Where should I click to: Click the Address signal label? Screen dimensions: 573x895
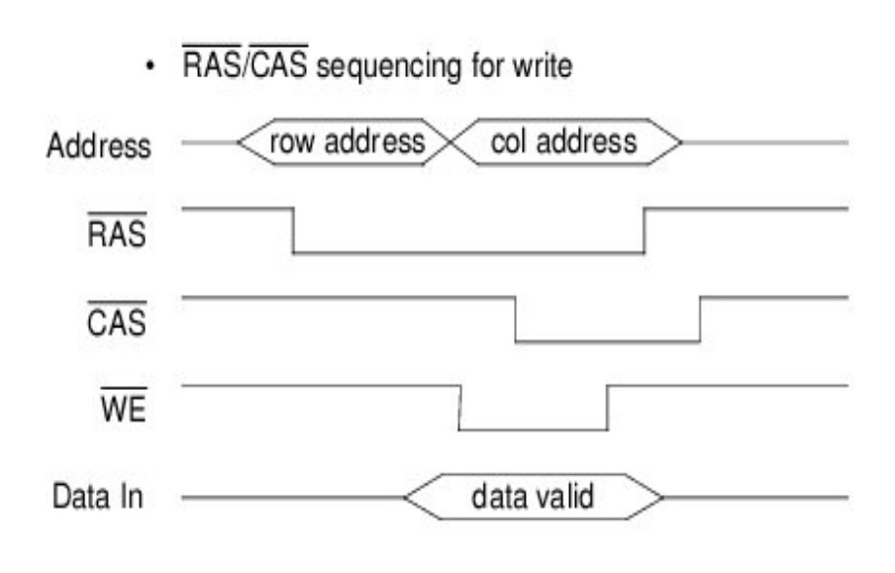point(99,147)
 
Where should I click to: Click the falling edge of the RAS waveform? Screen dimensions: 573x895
point(293,231)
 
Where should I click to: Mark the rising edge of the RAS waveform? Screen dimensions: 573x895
point(645,231)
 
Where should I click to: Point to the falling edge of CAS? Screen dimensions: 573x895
point(516,319)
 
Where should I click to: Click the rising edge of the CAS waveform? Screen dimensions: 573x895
point(700,319)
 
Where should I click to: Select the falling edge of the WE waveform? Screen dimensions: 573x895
point(459,407)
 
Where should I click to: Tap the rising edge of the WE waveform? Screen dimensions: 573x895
point(607,407)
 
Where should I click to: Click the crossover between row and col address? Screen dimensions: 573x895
point(449,143)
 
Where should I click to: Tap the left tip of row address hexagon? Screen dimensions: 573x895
point(237,143)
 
